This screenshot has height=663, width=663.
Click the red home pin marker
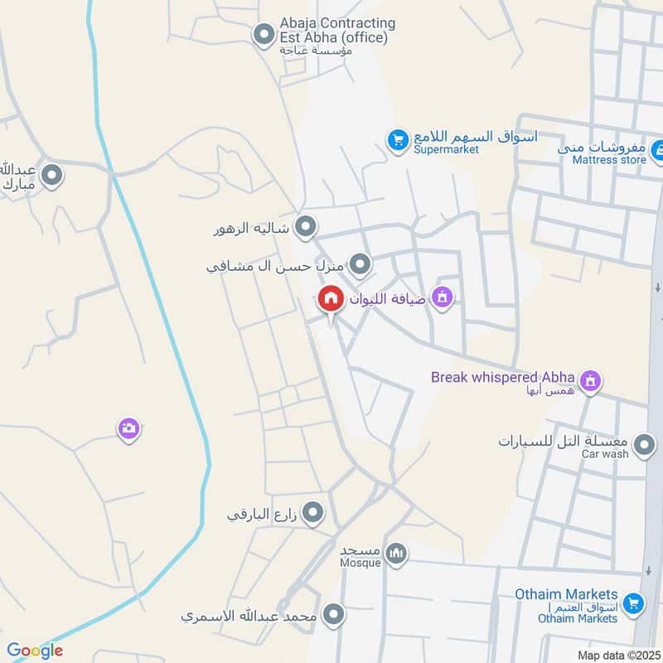pyautogui.click(x=331, y=299)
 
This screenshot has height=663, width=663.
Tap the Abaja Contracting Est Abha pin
pyautogui.click(x=264, y=35)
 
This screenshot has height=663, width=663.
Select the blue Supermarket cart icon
pyautogui.click(x=399, y=140)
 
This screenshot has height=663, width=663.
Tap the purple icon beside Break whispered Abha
pyautogui.click(x=590, y=380)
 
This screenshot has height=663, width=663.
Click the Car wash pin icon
pyautogui.click(x=642, y=448)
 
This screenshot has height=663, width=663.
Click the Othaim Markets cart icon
pyautogui.click(x=633, y=604)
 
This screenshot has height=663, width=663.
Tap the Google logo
pyautogui.click(x=35, y=651)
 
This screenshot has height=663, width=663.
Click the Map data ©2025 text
pyautogui.click(x=618, y=655)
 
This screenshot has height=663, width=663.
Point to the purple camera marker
pyautogui.click(x=128, y=428)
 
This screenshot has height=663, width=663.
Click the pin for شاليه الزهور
pyautogui.click(x=306, y=225)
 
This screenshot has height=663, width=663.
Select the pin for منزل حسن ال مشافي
pyautogui.click(x=360, y=265)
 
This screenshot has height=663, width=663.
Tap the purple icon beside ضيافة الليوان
pyautogui.click(x=443, y=297)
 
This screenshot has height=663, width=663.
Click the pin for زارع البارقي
pyautogui.click(x=312, y=514)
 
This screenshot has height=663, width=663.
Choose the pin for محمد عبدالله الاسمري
pyautogui.click(x=334, y=615)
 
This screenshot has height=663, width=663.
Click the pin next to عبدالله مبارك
pyautogui.click(x=52, y=176)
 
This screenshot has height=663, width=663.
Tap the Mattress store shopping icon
pyautogui.click(x=656, y=150)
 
